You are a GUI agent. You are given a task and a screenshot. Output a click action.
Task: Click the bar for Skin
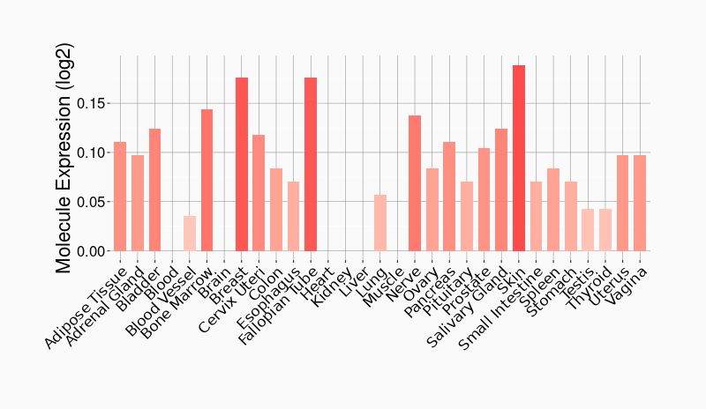click(519, 158)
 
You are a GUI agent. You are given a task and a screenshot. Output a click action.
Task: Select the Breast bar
click(242, 164)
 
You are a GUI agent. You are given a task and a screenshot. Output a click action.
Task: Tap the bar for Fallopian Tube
click(311, 164)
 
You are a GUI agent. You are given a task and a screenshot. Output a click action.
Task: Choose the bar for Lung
click(380, 222)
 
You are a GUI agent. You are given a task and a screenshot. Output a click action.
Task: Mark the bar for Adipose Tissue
click(120, 196)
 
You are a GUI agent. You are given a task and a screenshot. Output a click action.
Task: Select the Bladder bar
click(155, 190)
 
